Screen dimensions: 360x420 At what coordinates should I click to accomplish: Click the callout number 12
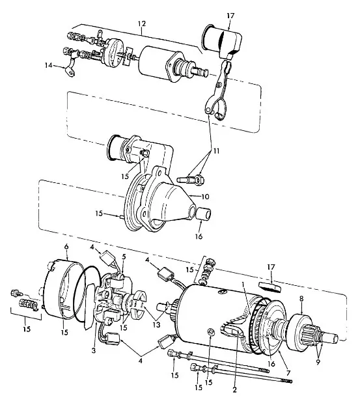(x=142, y=23)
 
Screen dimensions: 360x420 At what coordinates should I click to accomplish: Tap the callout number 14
(x=48, y=65)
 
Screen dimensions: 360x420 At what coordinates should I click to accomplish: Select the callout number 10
(x=205, y=197)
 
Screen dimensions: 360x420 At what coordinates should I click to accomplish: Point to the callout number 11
(x=216, y=151)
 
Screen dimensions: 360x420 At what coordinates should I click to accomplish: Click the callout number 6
(x=66, y=247)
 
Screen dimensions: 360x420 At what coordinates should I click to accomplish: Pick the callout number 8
(x=301, y=299)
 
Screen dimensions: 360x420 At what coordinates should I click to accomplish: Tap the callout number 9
(x=318, y=362)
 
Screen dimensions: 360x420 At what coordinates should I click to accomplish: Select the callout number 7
(x=288, y=373)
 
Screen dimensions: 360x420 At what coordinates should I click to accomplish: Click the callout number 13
(x=156, y=325)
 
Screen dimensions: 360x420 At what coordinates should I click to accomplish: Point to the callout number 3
(x=94, y=350)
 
